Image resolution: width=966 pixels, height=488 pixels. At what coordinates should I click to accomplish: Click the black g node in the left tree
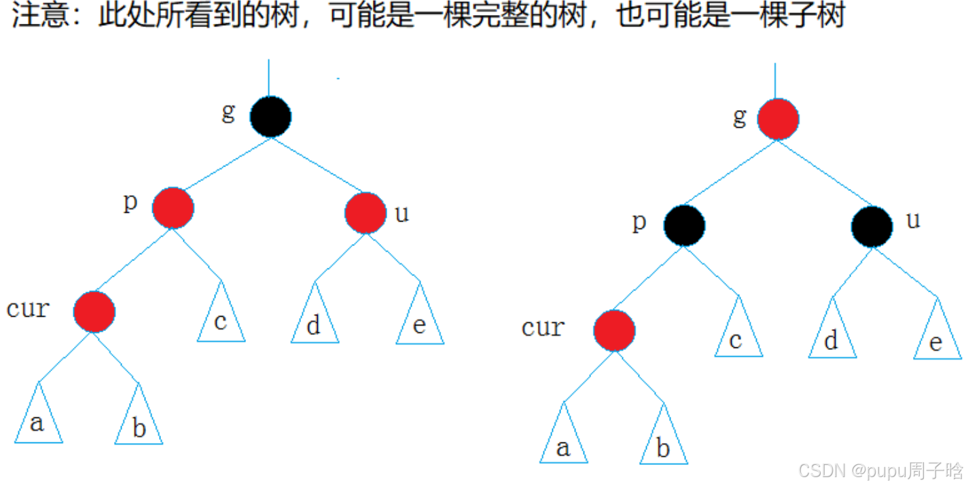click(x=270, y=116)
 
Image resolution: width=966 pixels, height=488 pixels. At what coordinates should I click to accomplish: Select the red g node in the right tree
click(x=778, y=119)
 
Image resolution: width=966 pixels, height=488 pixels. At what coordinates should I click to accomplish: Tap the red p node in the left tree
click(x=173, y=208)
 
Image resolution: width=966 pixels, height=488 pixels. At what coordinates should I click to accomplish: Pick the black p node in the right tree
click(x=684, y=226)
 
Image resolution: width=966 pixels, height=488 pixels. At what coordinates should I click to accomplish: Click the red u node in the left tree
click(x=365, y=213)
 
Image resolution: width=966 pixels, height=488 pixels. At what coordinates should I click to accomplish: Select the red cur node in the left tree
click(x=94, y=311)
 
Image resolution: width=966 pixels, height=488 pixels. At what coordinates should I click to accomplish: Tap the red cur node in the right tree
click(x=614, y=330)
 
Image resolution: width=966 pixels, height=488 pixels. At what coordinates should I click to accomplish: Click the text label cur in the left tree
click(x=28, y=309)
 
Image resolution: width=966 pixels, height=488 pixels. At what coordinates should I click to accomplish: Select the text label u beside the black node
click(x=914, y=221)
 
